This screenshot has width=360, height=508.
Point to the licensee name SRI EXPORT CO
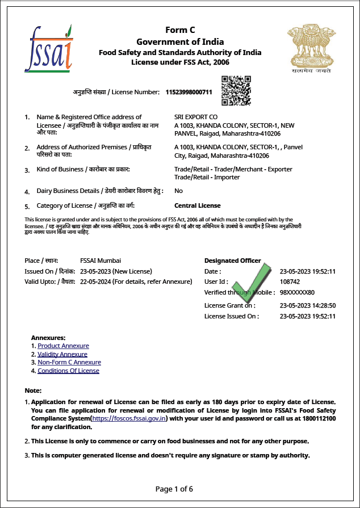pyautogui.click(x=196, y=117)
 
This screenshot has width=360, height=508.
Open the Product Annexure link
pyautogui.click(x=63, y=346)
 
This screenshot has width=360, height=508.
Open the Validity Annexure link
pyautogui.click(x=62, y=354)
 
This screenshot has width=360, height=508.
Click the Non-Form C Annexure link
pyautogui.click(x=69, y=362)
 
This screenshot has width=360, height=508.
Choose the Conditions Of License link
pyautogui.click(x=68, y=371)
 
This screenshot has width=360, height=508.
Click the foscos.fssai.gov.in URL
pyautogui.click(x=129, y=418)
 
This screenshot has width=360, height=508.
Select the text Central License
pyautogui.click(x=198, y=205)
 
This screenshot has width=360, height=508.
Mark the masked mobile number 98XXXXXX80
pyautogui.click(x=297, y=292)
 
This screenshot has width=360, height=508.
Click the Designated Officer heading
pyautogui.click(x=233, y=261)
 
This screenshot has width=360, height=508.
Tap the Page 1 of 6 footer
pyautogui.click(x=174, y=489)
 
